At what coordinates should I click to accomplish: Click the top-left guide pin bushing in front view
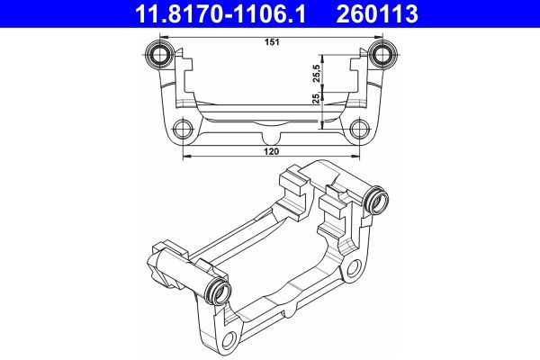[x=163, y=53]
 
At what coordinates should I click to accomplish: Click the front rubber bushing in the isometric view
[x=219, y=291]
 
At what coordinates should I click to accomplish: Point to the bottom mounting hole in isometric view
[x=230, y=339]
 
